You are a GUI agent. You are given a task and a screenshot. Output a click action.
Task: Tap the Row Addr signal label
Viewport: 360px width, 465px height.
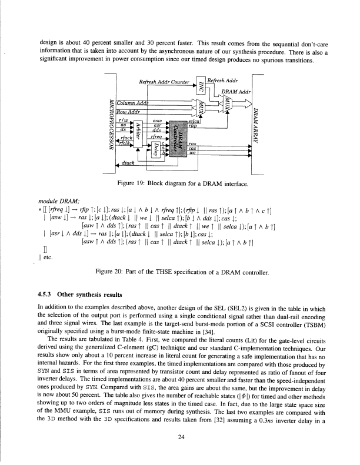pos(129,112)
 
